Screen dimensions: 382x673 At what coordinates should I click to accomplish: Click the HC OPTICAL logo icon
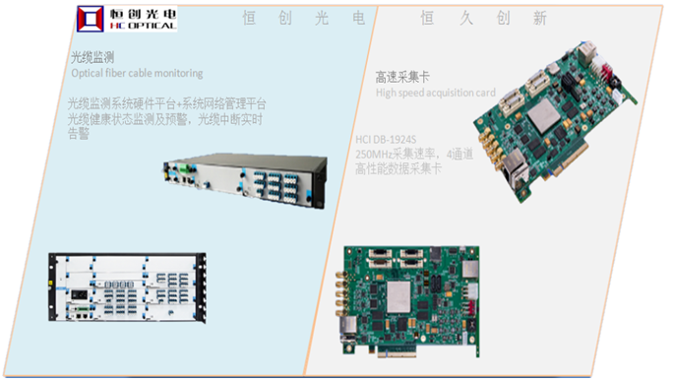(x=92, y=17)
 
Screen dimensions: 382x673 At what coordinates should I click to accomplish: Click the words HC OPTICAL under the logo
(x=142, y=27)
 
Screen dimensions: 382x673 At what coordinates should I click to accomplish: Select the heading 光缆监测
(x=92, y=57)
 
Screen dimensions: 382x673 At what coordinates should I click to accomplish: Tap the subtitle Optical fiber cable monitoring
(x=137, y=73)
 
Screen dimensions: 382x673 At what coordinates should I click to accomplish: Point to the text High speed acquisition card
(x=437, y=93)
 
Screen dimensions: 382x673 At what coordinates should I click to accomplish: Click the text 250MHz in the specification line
(x=375, y=155)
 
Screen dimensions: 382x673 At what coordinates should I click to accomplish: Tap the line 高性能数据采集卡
(x=398, y=169)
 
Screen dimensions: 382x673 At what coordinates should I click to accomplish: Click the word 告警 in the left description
(x=79, y=134)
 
